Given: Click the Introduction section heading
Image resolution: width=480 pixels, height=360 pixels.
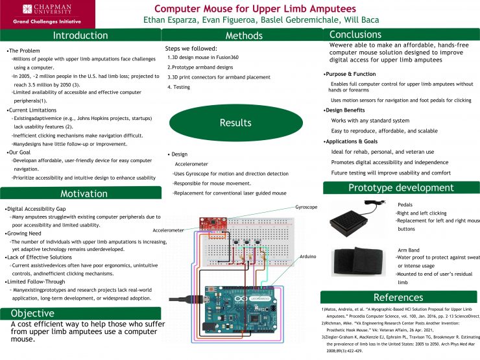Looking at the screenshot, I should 80,36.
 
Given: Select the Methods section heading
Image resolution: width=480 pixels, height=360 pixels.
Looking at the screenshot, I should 244,36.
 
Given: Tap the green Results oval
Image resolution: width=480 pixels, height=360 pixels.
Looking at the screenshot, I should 235,123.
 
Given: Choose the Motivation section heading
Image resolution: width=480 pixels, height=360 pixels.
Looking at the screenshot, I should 84,193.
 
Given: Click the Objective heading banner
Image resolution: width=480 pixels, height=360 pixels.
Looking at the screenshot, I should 32,313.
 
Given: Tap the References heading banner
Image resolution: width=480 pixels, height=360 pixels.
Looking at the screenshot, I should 398,298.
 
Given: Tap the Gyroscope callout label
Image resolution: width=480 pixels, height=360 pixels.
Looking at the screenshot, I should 306,207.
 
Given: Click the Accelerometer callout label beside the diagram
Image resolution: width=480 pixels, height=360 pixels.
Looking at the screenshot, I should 168,230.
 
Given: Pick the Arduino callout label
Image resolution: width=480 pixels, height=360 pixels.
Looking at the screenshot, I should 308,257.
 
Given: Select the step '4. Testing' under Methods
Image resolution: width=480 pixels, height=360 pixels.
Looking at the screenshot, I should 178,87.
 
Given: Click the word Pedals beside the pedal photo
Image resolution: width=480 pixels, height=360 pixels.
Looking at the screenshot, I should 405,204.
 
